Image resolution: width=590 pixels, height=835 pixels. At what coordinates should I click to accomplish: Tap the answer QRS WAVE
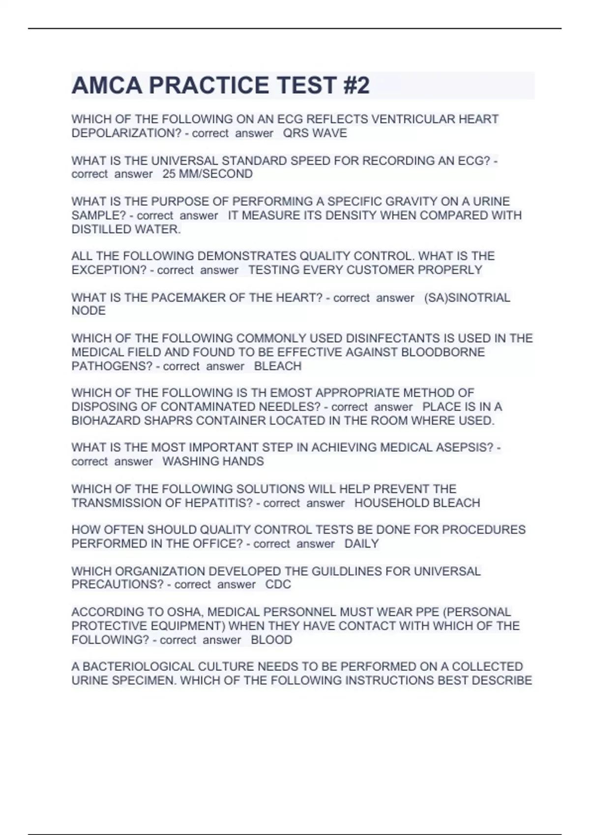315,133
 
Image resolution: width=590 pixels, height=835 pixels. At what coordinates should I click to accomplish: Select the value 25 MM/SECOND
207,174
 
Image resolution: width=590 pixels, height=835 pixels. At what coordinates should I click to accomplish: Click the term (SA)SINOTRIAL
467,298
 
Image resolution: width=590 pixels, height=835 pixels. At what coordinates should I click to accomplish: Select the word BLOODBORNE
442,352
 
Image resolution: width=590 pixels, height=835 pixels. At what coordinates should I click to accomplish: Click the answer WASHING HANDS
213,461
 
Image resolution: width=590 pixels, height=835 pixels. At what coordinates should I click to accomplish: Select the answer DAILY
361,544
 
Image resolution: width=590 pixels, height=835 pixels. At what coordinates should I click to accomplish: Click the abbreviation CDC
278,584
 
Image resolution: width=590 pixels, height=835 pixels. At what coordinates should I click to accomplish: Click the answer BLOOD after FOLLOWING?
271,640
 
